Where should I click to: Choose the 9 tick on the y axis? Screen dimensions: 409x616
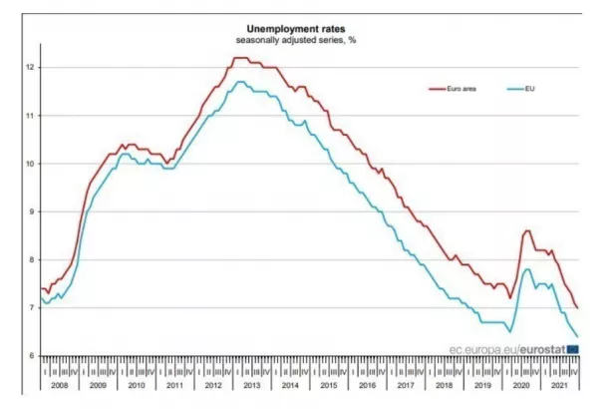coord(32,211)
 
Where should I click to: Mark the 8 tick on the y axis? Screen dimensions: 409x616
coord(32,259)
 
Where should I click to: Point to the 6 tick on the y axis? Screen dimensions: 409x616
coord(32,356)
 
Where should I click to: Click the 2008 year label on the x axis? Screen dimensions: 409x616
coord(59,383)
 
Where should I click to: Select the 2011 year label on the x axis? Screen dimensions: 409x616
coord(173,383)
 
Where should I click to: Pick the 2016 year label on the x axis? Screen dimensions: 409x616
coord(366,383)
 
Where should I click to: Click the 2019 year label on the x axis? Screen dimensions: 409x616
coord(481,383)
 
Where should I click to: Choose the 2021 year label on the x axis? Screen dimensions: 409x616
coord(558,383)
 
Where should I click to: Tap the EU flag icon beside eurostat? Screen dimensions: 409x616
coord(571,349)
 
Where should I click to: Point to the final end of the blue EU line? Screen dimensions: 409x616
coord(578,336)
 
